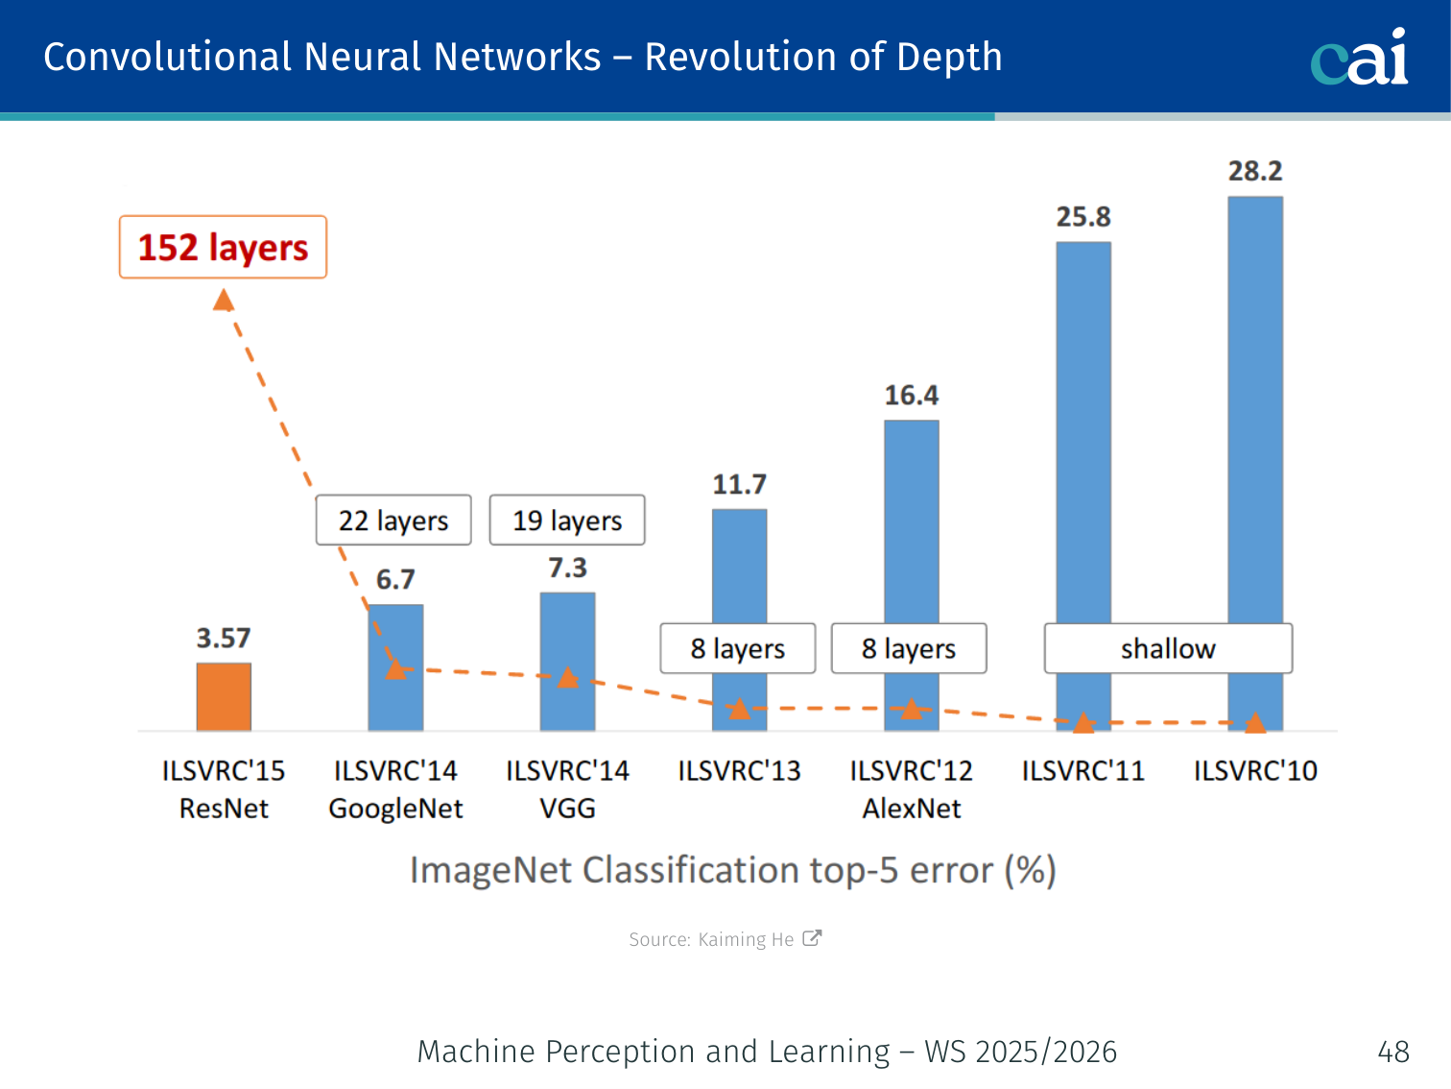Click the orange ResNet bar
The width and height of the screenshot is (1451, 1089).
[x=224, y=697]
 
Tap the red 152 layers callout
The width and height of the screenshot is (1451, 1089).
[x=223, y=248]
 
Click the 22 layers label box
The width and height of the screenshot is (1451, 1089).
[x=393, y=520]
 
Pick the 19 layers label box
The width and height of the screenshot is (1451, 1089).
[x=567, y=520]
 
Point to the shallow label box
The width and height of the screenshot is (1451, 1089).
[x=1168, y=649]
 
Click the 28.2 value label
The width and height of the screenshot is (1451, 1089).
[x=1255, y=171]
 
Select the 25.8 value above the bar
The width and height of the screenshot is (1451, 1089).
[x=1083, y=217]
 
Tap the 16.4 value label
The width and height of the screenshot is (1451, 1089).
[x=912, y=396]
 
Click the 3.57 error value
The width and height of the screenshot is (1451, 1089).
[x=224, y=639]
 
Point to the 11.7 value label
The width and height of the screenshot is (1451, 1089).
[x=739, y=485]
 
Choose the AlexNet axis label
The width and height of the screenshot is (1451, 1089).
[x=912, y=809]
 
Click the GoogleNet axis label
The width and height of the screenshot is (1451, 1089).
[x=395, y=809]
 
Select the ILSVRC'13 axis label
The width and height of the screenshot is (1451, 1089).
[x=739, y=771]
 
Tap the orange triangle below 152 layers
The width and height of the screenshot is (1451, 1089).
[x=224, y=302]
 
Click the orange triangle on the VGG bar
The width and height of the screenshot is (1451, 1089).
[x=568, y=678]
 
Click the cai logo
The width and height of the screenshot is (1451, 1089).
[x=1360, y=58]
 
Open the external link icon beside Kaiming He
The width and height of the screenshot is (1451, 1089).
[x=812, y=938]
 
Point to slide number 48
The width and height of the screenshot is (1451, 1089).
[x=1393, y=1052]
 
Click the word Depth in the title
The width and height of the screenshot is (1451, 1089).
[x=949, y=58]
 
